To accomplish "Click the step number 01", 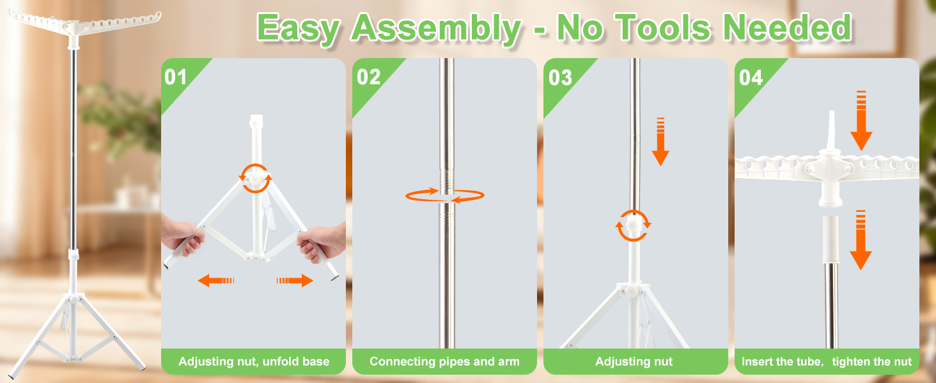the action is tap(175, 77).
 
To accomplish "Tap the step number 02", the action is tap(368, 77).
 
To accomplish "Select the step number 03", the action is tap(560, 78).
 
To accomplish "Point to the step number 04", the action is tap(751, 78).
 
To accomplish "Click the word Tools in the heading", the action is tap(663, 28).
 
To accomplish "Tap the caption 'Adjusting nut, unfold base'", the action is tap(254, 361).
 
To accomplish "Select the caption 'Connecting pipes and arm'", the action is tap(444, 361).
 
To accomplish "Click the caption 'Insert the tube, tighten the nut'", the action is tap(827, 361).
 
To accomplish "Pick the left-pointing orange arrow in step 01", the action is tap(215, 280).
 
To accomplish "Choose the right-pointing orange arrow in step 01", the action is tap(295, 280).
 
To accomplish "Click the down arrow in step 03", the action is tap(660, 142).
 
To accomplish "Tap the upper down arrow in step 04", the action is tap(861, 121).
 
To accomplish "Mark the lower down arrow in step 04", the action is tap(861, 240).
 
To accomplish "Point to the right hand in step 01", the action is tap(322, 244).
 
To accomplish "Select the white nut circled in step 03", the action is tap(634, 225).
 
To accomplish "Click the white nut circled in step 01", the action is tap(255, 178).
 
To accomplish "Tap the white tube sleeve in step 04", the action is tap(831, 239).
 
